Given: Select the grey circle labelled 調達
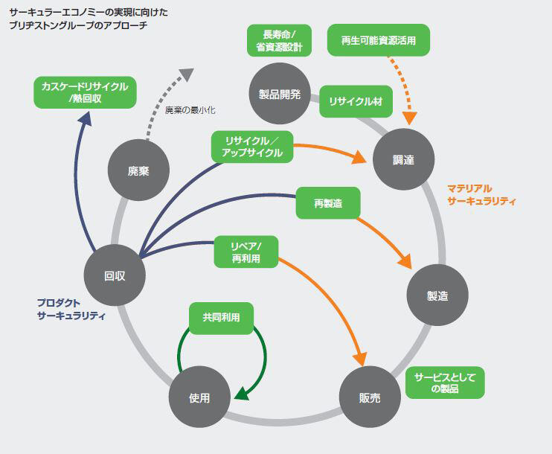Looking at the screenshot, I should tap(403, 159).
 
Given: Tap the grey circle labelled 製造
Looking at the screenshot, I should tap(437, 295).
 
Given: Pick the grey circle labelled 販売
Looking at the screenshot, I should tap(370, 397).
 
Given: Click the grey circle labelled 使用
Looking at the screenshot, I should tap(199, 397).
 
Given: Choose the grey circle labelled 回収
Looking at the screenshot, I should tap(115, 275).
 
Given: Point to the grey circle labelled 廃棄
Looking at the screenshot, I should tap(138, 170).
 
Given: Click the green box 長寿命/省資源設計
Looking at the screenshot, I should tap(280, 40).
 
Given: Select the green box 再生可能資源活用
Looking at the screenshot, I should tap(379, 40).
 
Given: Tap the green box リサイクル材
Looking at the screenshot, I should tap(356, 102).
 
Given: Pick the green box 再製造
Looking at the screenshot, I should tap(328, 203).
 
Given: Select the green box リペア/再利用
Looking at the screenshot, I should tap(246, 252).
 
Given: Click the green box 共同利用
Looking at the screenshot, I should tap(221, 317).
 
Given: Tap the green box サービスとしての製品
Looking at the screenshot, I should tap(445, 383).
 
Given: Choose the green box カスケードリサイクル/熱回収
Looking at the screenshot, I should tap(85, 92).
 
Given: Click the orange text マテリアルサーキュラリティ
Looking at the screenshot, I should tap(481, 195).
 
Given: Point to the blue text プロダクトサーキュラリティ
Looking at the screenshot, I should tap(71, 309).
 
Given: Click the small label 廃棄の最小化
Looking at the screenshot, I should tap(190, 110).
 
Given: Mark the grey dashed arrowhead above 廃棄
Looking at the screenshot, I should tap(187, 74).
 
